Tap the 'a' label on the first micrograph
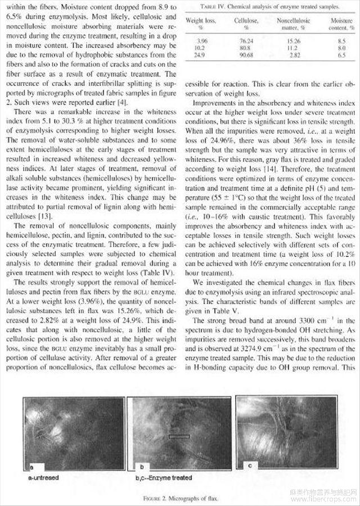32,466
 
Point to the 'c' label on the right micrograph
249,464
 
